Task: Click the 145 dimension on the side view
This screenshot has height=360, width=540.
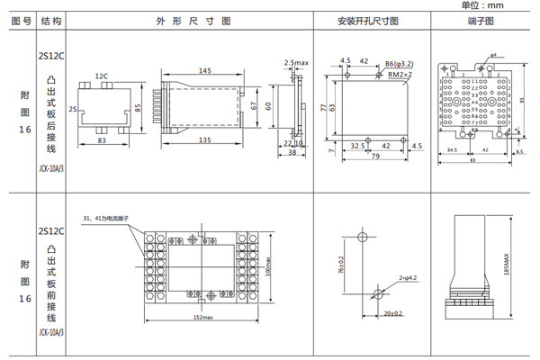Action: pyautogui.click(x=206, y=69)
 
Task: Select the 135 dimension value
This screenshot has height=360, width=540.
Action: pyautogui.click(x=206, y=140)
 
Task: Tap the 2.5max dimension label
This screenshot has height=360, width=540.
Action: pyautogui.click(x=296, y=63)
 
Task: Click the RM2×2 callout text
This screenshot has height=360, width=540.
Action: pyautogui.click(x=400, y=76)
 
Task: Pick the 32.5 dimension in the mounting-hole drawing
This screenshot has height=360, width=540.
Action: pyautogui.click(x=356, y=145)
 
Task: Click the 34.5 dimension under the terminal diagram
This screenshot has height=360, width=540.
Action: pyautogui.click(x=453, y=151)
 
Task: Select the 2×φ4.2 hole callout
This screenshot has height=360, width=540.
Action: pyautogui.click(x=406, y=280)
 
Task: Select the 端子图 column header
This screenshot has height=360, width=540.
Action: pyautogui.click(x=481, y=20)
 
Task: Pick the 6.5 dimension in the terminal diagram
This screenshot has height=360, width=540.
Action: pyautogui.click(x=519, y=151)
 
